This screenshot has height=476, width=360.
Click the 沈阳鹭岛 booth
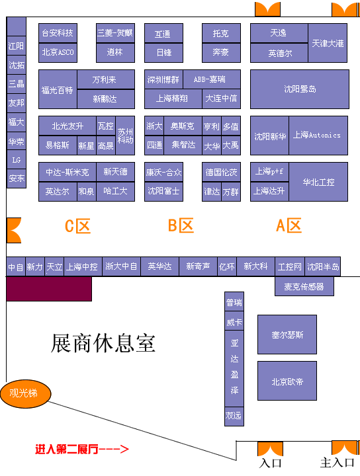[x=300, y=89]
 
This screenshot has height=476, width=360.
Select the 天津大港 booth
[x=328, y=43]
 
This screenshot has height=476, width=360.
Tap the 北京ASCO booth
[x=58, y=52]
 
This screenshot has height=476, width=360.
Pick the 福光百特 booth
[x=58, y=89]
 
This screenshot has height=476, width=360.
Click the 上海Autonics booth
[x=318, y=136]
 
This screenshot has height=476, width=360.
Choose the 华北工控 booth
[x=318, y=182]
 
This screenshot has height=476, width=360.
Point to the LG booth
[x=17, y=160]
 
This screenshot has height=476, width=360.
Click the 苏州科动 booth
[x=125, y=136]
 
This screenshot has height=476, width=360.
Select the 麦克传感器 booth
[x=304, y=286]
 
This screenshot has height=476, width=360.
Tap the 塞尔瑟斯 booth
[x=287, y=335]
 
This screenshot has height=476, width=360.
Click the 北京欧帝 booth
[x=287, y=381]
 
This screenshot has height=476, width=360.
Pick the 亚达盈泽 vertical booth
[x=234, y=368]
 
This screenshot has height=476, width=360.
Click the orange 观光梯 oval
[x=26, y=393]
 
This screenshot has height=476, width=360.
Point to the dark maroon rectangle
[x=49, y=289]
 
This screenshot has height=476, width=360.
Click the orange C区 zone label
[x=78, y=226]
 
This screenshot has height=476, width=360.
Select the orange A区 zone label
[x=289, y=225]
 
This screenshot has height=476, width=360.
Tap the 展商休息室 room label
[x=103, y=343]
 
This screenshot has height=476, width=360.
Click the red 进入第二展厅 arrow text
[x=82, y=449]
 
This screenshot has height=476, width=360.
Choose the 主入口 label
[x=337, y=463]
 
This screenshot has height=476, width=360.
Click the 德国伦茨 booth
[x=221, y=172]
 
